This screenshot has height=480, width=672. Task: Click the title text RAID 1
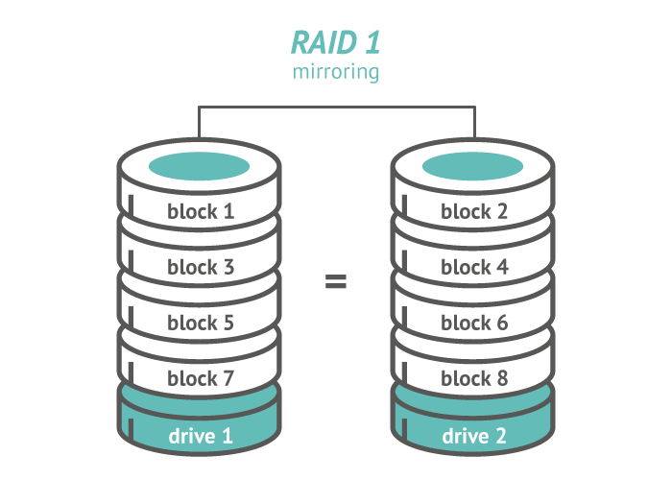click(336, 43)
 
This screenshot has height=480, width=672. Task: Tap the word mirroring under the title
click(336, 72)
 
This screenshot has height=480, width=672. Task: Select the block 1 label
click(201, 211)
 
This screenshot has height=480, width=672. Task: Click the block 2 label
click(474, 211)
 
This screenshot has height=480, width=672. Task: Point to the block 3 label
click(201, 267)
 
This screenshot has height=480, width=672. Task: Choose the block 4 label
click(474, 267)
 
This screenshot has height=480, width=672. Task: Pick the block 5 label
click(201, 323)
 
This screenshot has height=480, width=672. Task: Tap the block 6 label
click(474, 323)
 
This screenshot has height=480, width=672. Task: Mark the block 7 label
click(201, 378)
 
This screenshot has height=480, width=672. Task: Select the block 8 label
click(474, 378)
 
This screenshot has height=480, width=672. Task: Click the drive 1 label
click(201, 436)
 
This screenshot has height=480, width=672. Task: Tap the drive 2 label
click(474, 436)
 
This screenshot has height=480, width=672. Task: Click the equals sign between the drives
click(336, 281)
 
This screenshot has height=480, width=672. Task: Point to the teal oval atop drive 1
click(199, 166)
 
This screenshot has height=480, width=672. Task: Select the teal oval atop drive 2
click(472, 166)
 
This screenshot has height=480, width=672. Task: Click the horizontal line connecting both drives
click(337, 107)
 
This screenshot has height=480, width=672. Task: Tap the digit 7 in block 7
click(228, 378)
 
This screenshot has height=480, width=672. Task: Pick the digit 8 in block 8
click(501, 378)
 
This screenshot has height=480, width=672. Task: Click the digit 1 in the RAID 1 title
click(372, 43)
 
